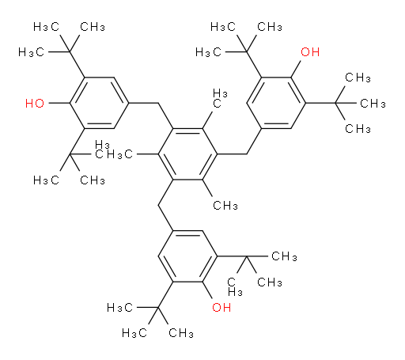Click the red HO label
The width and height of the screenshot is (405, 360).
[35, 103]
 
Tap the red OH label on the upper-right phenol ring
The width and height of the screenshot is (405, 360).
[310, 52]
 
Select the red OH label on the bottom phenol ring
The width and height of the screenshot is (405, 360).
[221, 307]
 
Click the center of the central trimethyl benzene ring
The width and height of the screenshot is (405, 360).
[187, 154]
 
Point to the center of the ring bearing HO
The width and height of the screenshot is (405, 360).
[99, 103]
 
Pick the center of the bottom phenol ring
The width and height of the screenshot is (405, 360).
[187, 256]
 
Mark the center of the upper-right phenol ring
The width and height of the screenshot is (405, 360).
[276, 103]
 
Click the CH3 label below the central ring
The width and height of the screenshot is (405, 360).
[225, 205]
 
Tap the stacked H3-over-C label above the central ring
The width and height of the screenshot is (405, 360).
[220, 98]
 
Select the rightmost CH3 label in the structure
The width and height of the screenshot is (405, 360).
[373, 103]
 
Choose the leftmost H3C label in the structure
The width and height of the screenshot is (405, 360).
[31, 52]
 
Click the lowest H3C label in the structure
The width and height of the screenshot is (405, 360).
[134, 333]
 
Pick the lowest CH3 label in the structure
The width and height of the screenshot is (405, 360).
[181, 333]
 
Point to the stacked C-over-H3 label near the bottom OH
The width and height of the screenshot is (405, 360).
[235, 286]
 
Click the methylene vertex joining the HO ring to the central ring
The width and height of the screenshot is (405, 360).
[158, 103]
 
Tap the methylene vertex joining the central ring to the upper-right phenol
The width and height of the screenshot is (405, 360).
[247, 154]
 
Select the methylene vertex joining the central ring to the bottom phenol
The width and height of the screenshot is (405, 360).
[158, 205]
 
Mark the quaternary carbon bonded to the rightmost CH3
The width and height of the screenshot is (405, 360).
[335, 103]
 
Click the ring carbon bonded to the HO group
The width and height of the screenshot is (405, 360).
[70, 103]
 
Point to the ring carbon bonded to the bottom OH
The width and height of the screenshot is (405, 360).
[202, 282]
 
